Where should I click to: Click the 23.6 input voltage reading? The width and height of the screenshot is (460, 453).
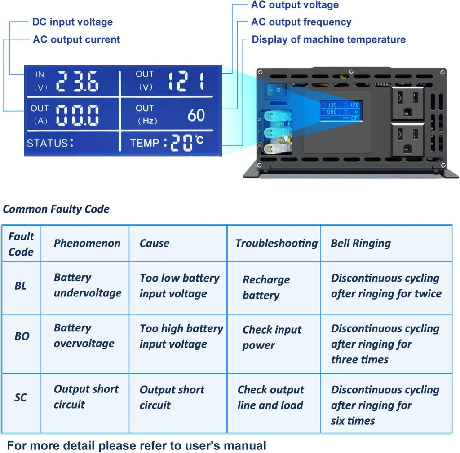(77, 81)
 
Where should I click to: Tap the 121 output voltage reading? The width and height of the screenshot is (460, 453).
(186, 82)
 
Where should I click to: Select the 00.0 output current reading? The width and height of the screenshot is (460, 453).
(77, 115)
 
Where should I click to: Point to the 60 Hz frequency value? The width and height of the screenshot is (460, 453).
(196, 115)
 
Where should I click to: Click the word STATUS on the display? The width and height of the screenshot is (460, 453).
(47, 143)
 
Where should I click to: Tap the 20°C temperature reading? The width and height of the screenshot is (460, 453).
(187, 143)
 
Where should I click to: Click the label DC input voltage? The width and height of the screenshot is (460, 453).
(72, 22)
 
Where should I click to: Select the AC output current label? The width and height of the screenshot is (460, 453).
(76, 39)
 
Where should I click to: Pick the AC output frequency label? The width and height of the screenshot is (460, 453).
(301, 22)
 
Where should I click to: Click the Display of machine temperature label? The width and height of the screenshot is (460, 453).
(328, 39)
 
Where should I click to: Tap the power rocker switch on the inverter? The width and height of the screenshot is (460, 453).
(276, 90)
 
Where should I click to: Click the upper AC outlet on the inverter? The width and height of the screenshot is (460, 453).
(407, 103)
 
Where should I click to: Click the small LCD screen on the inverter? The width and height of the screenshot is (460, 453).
(341, 111)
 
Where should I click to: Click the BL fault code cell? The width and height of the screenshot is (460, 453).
(21, 286)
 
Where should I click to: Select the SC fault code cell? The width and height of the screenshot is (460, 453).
(21, 397)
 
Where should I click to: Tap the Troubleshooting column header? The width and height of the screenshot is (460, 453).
(276, 244)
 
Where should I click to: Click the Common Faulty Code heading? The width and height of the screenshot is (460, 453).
(56, 209)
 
